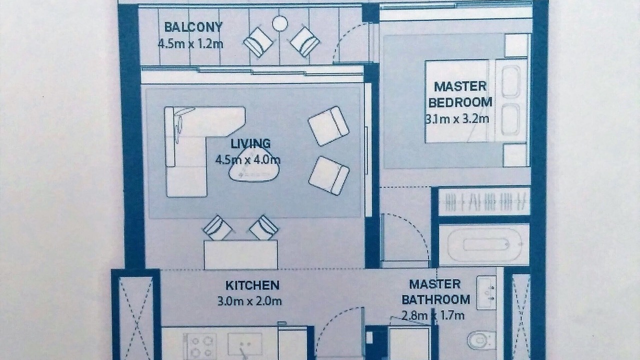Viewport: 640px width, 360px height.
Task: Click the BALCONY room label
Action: (193, 27)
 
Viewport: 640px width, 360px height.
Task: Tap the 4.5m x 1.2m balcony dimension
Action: (190, 44)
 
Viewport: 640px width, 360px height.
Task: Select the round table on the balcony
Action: (279, 23)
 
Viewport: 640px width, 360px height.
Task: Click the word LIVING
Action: (250, 143)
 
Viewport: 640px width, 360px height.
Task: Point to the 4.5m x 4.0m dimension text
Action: (247, 159)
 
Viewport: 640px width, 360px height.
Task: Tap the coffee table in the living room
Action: (253, 166)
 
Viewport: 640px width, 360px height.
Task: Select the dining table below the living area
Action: (240, 254)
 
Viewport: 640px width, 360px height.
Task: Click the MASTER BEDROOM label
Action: (460, 94)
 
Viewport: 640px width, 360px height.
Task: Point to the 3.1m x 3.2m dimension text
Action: (457, 118)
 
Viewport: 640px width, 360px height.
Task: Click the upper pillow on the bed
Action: (510, 81)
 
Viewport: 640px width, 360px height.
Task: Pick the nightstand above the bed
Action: (516, 45)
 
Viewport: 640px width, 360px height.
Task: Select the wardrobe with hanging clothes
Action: (484, 202)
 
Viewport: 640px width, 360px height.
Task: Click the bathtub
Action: (483, 245)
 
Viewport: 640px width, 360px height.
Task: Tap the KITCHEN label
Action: (252, 285)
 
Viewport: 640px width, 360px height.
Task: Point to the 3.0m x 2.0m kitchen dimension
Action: (249, 301)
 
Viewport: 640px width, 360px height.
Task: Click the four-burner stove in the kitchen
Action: (200, 346)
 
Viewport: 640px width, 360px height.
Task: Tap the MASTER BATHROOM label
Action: (435, 292)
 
